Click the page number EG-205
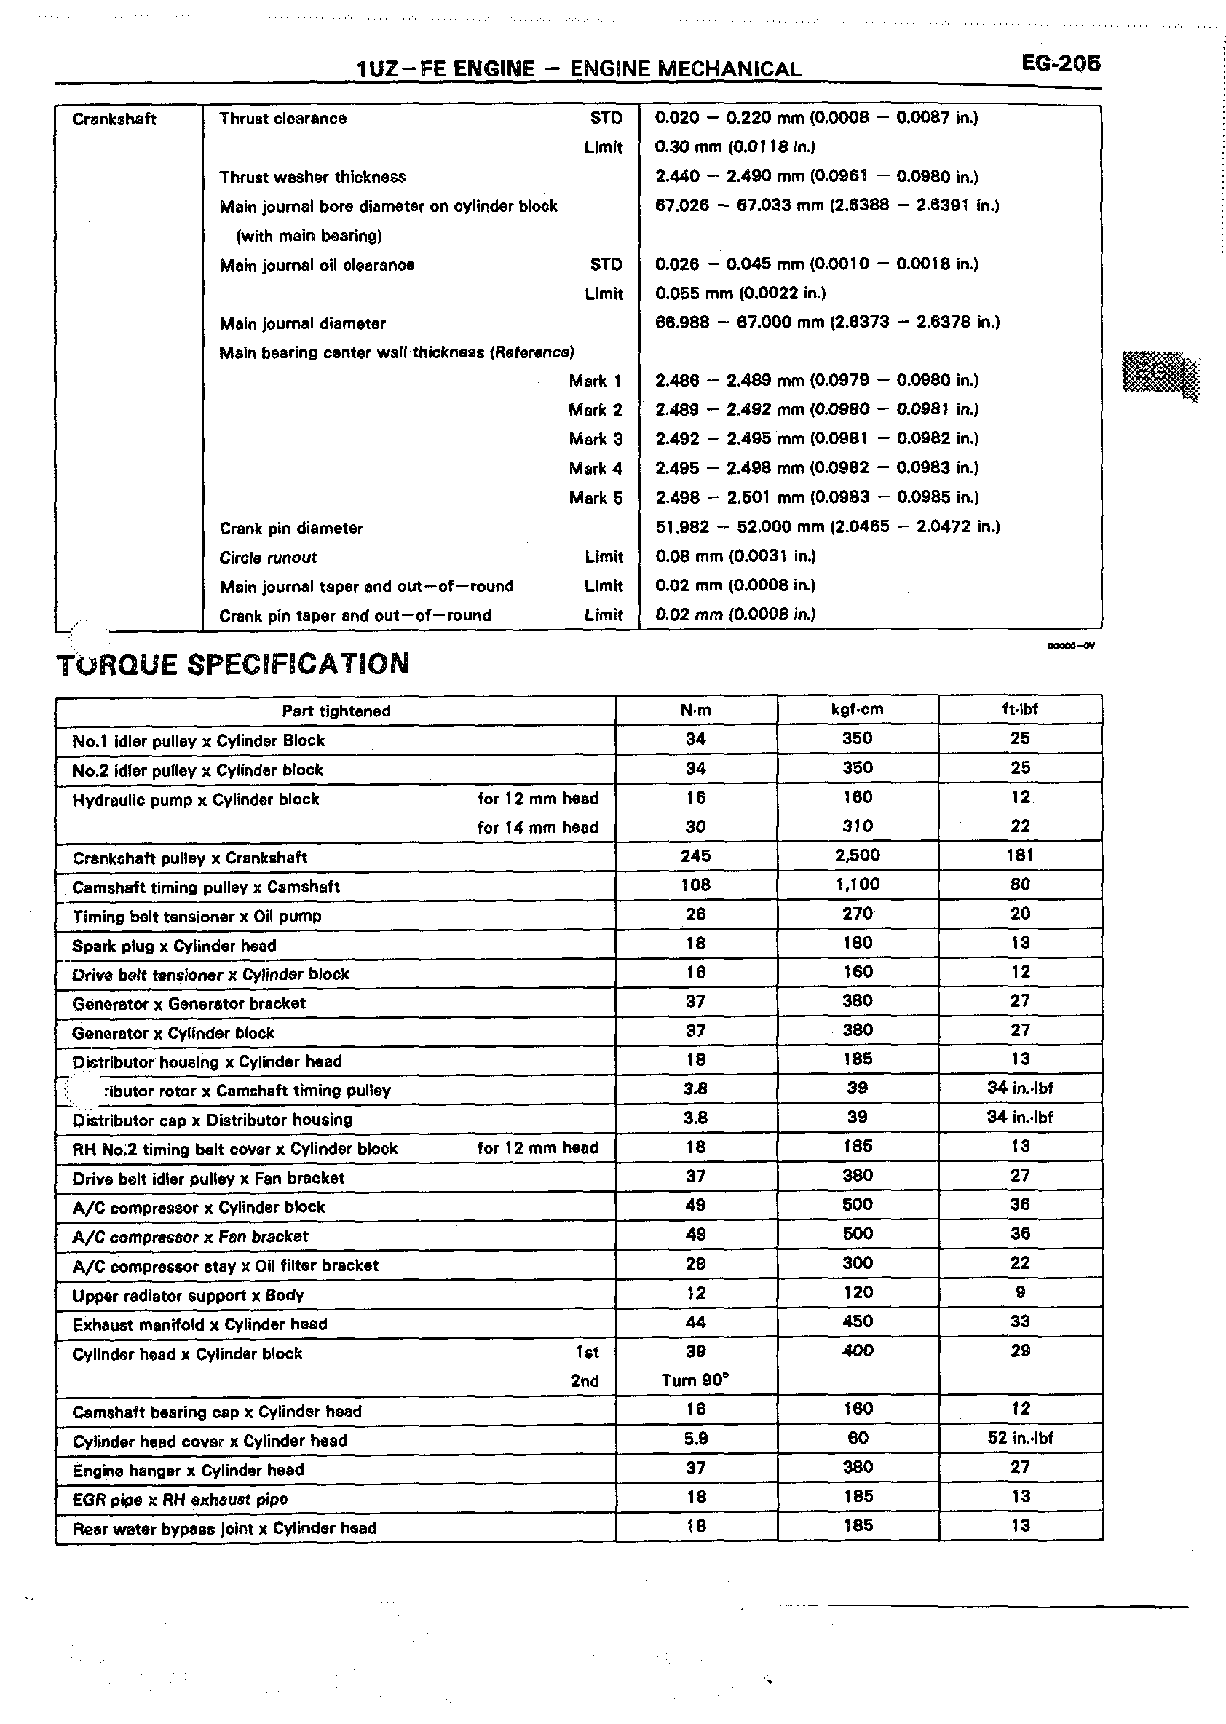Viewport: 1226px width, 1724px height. (1061, 63)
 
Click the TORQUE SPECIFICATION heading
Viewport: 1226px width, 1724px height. (233, 664)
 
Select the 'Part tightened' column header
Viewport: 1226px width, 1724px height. (336, 711)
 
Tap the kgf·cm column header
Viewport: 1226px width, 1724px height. (857, 710)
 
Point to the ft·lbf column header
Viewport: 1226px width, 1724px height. (1019, 710)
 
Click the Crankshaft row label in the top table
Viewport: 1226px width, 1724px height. (114, 119)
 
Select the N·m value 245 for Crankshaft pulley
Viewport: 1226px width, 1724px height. (695, 856)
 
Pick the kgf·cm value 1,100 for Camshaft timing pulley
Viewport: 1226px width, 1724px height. (857, 885)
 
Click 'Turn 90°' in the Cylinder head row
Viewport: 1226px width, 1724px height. (695, 1380)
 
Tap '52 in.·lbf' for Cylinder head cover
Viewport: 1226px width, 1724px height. (1020, 1438)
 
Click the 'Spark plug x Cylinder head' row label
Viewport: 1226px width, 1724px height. (175, 946)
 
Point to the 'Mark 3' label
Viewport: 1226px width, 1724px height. (596, 439)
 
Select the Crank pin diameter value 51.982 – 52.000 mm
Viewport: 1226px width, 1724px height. (827, 527)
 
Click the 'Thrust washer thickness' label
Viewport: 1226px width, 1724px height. (312, 178)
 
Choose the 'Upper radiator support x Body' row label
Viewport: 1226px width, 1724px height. (188, 1296)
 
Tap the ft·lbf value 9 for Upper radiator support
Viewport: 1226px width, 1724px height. (1021, 1293)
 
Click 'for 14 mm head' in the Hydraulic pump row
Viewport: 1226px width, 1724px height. (537, 827)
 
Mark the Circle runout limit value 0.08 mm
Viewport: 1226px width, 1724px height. (735, 556)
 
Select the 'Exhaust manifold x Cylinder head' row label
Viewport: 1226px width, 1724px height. (200, 1325)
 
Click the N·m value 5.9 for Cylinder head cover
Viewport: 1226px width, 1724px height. (695, 1439)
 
